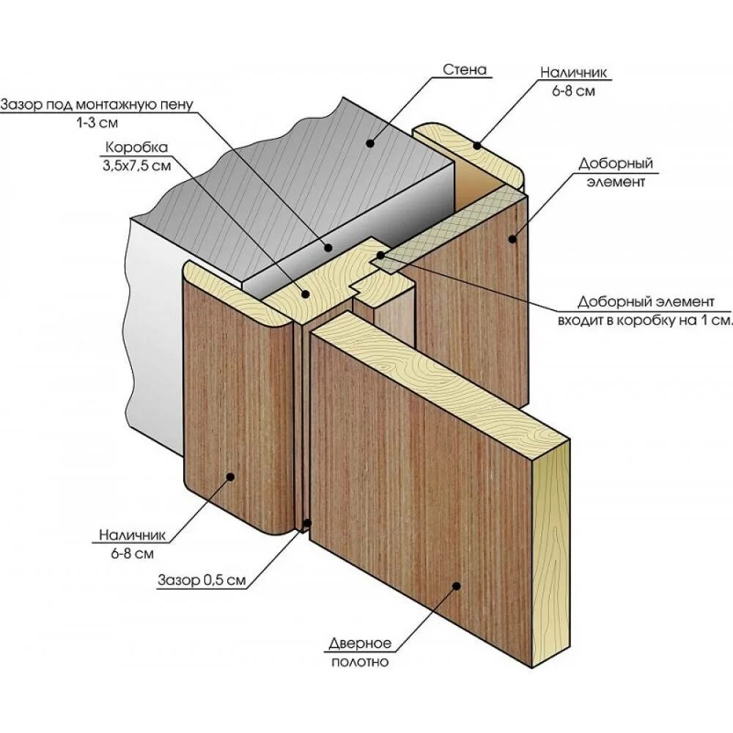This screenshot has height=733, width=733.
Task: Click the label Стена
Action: coord(465,70)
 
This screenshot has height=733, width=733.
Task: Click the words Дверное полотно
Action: coord(359,652)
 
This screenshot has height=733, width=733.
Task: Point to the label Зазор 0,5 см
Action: coord(201,581)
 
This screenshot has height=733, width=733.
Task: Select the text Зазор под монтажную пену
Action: coord(97,104)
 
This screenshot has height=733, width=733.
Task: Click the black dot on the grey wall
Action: coord(370,144)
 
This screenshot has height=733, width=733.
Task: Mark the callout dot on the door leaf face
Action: coord(456,585)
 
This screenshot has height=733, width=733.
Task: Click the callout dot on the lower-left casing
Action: coord(230,476)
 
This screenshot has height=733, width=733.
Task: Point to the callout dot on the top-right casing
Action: coord(477,145)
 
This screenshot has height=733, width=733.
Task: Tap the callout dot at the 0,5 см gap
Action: coord(306,525)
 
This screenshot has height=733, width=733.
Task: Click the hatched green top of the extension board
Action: coord(454,227)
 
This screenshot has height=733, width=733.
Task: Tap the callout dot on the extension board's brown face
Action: coord(513,238)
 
